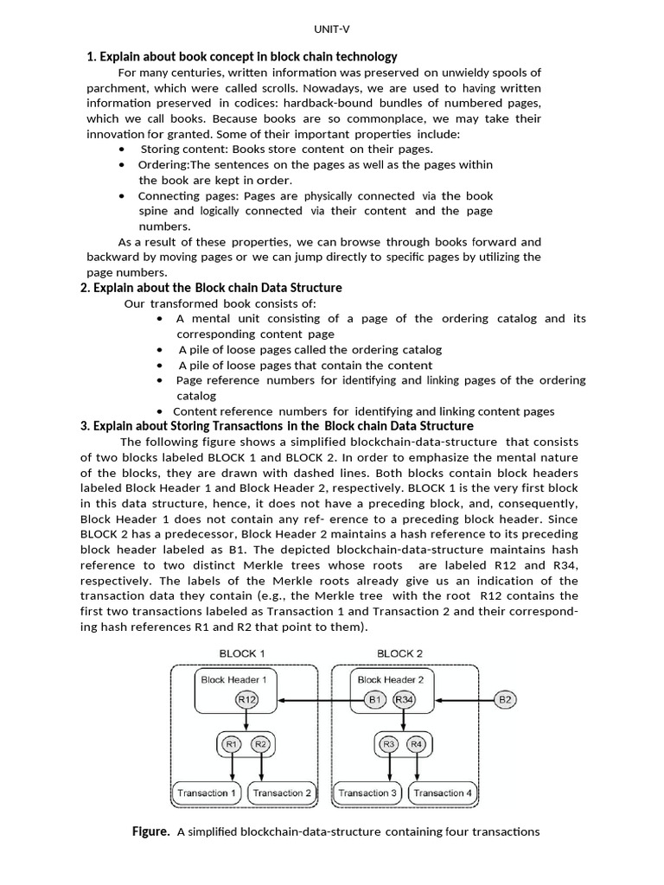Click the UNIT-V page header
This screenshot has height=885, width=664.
click(331, 29)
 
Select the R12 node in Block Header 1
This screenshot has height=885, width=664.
click(246, 699)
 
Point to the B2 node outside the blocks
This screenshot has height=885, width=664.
click(506, 699)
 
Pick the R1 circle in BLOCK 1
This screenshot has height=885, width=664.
click(232, 743)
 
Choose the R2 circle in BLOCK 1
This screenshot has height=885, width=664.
click(260, 743)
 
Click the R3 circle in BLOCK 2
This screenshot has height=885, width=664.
click(389, 743)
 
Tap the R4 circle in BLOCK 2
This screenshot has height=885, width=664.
click(417, 743)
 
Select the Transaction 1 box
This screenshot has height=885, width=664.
click(207, 793)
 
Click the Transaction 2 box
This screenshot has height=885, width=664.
click(282, 793)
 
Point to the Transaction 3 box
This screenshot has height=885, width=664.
click(368, 793)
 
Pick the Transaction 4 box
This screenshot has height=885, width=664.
click(444, 793)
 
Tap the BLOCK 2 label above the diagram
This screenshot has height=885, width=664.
click(399, 653)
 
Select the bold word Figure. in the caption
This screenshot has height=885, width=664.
click(150, 831)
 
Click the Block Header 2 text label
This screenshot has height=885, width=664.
click(391, 679)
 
